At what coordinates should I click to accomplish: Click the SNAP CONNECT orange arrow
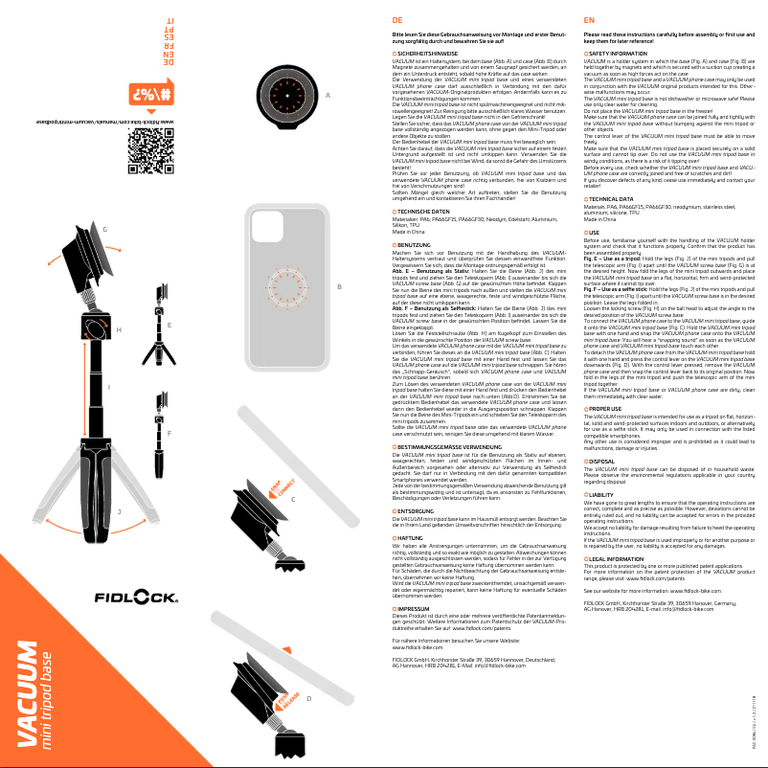277,493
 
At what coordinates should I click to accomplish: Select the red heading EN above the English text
589,19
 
